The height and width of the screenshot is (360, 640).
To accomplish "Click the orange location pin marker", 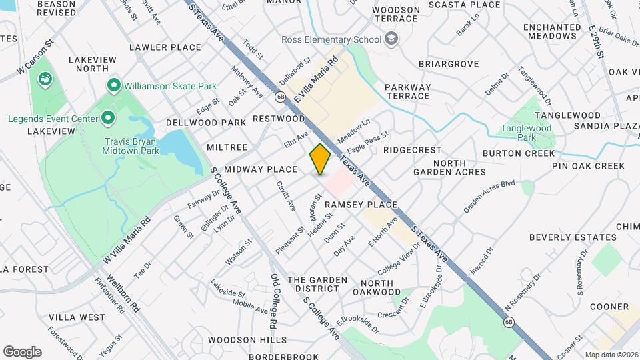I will [x=320, y=159].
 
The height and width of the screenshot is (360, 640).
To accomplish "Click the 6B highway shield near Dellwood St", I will [x=280, y=97].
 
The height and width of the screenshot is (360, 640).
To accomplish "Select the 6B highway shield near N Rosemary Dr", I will [x=509, y=323].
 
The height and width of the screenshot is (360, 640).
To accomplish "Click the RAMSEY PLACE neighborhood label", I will [x=361, y=205].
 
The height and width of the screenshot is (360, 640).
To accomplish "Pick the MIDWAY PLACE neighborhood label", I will [x=260, y=169].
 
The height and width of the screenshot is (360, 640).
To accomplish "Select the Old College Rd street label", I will [x=273, y=301].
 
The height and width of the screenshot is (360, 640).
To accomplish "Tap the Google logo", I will [x=22, y=351].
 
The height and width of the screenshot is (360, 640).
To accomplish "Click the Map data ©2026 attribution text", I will [x=611, y=355].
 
